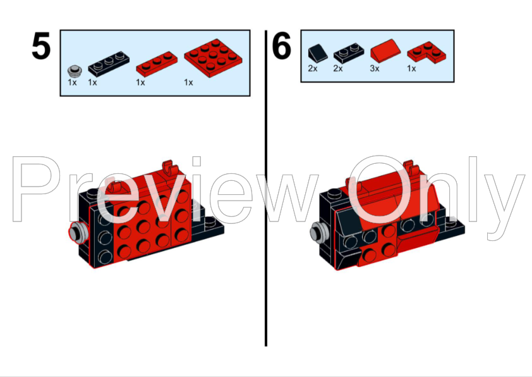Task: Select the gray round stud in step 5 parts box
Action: tap(75, 70)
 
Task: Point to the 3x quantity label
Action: tap(375, 68)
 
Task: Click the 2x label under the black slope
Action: tap(313, 68)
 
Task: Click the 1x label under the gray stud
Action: tap(72, 82)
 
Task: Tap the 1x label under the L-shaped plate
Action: tap(411, 68)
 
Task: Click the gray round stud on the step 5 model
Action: tap(78, 232)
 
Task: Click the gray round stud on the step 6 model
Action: tap(318, 233)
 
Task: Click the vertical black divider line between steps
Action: tap(266, 190)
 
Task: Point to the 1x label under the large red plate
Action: tap(188, 82)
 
